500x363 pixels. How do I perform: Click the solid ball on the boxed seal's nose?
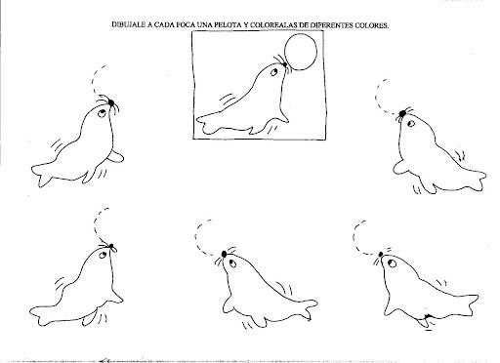301,52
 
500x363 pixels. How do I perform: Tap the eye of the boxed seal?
274,72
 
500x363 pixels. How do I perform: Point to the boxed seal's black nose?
285,64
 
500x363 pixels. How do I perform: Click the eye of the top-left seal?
102,113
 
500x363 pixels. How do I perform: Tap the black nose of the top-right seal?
402,113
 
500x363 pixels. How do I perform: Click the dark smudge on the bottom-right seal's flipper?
427,316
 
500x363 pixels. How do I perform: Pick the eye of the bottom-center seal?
232,263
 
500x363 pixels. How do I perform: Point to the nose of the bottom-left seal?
111,246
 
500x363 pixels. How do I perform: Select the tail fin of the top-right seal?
476,180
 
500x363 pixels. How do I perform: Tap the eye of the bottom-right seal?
392,262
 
